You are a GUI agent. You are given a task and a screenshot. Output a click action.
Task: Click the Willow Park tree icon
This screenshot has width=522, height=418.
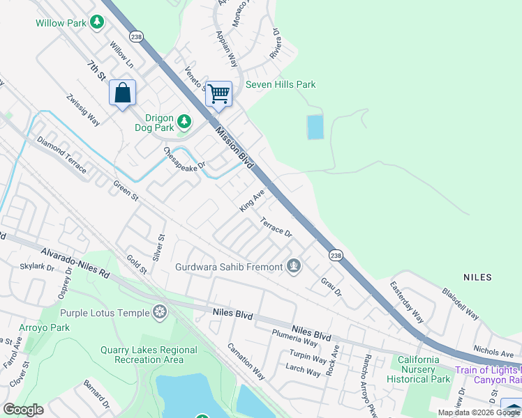point(97,22)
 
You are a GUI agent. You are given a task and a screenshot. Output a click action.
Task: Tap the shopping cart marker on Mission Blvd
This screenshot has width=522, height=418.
point(219,93)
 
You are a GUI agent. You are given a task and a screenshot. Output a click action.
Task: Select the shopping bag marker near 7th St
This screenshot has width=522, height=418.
point(122,93)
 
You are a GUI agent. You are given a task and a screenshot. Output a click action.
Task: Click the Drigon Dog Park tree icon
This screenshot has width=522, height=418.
point(184,123)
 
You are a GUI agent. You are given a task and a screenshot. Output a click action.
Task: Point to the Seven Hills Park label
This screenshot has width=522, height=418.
point(281,85)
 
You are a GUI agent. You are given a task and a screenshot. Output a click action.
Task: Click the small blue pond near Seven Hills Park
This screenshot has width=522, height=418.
point(315,127)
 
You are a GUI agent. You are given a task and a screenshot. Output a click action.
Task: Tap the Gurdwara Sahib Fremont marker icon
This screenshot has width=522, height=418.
point(294,266)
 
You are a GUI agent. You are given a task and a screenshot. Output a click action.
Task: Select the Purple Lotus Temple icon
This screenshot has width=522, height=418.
point(161,313)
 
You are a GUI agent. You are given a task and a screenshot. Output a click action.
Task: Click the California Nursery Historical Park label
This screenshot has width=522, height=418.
point(419,369)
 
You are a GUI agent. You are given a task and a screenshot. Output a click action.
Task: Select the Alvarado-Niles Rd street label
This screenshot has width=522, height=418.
point(75,263)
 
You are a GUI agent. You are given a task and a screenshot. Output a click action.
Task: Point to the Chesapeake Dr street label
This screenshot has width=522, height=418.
point(184,158)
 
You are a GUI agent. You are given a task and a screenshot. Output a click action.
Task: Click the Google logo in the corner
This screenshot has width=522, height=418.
point(23,410)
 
